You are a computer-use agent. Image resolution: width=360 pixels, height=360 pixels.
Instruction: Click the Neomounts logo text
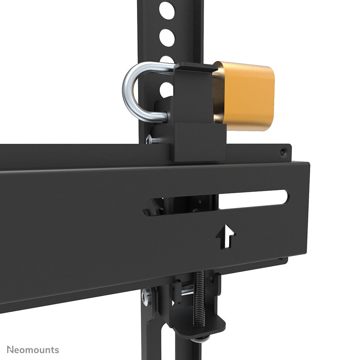point(33,350)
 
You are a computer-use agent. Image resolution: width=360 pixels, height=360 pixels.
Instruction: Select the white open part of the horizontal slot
point(253,199)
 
